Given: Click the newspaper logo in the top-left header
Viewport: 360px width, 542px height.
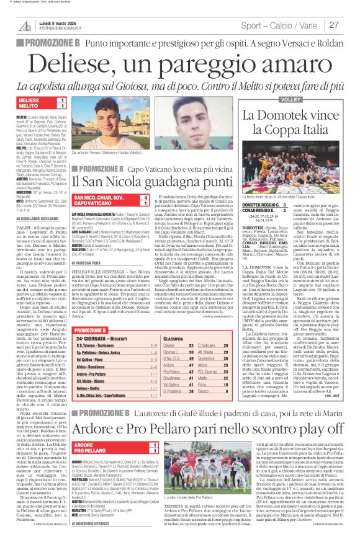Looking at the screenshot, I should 25,24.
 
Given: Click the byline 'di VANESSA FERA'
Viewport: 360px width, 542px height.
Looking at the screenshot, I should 92,262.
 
